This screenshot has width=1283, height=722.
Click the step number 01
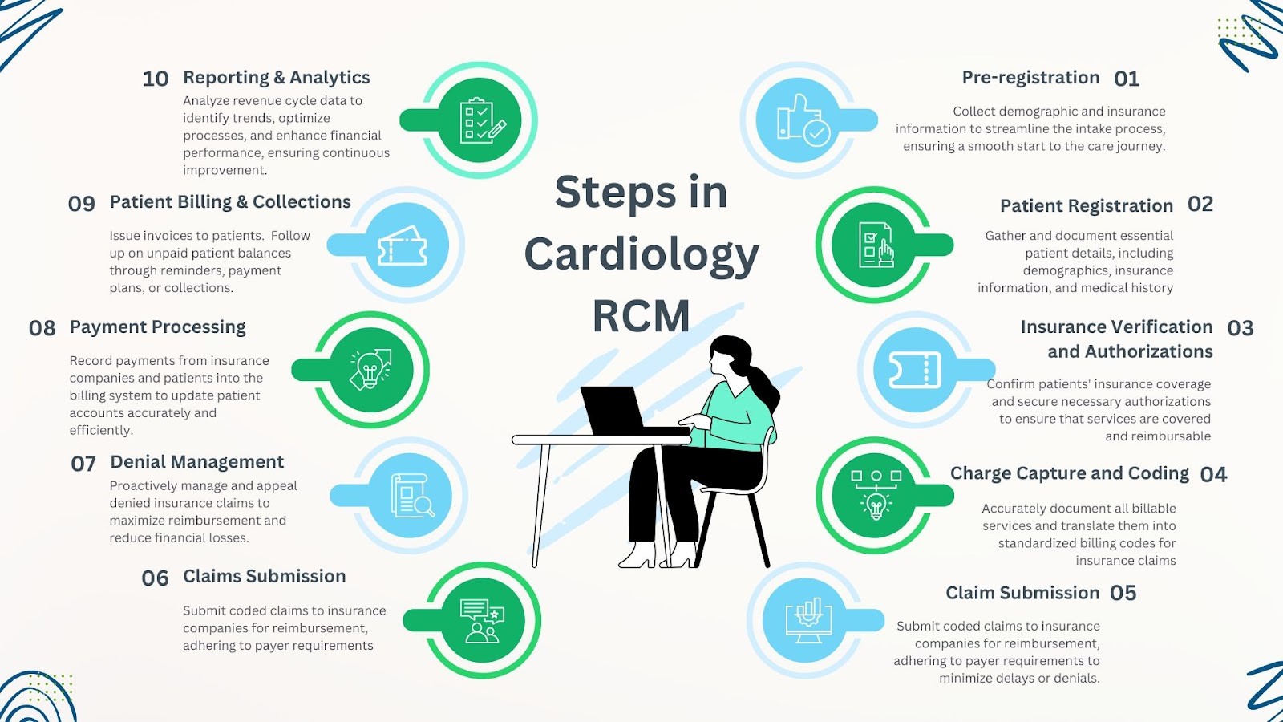click(1126, 79)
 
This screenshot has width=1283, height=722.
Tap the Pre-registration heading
click(1030, 78)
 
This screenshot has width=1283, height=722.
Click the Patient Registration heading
click(1086, 206)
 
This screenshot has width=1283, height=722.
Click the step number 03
click(1240, 328)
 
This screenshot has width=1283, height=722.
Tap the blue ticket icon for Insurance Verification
click(915, 370)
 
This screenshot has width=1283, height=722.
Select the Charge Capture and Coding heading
click(1069, 473)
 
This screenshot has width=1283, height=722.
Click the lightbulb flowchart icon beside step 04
click(876, 495)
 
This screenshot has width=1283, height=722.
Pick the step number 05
click(1123, 593)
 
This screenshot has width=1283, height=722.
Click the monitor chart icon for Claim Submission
click(808, 619)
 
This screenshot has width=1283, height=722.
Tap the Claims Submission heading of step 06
click(264, 576)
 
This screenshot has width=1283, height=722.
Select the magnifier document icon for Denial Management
click(411, 495)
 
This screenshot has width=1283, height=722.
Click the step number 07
click(83, 464)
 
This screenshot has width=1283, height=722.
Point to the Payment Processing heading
click(157, 327)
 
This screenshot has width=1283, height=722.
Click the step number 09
click(82, 204)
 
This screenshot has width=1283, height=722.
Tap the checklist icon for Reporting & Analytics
click(481, 120)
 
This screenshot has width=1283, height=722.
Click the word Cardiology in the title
click(641, 254)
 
